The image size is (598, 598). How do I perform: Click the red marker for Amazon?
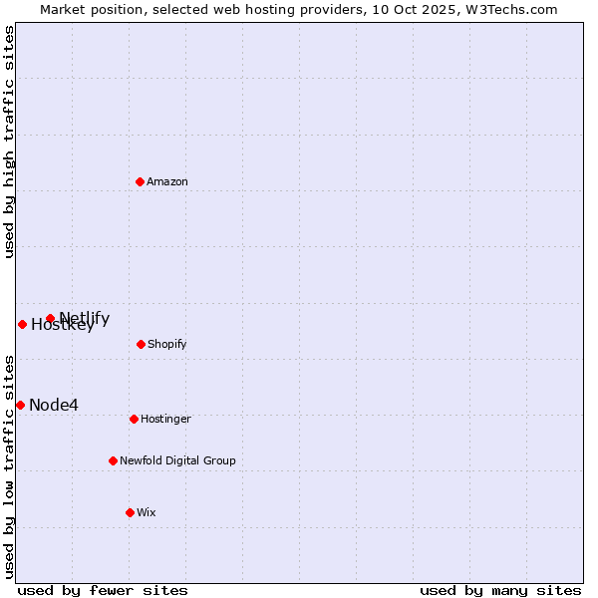point(140,181)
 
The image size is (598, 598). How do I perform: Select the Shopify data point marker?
point(141,344)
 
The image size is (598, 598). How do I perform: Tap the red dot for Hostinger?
point(134,419)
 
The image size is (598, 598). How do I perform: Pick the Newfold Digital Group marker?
point(113,460)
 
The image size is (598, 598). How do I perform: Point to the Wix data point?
point(130,512)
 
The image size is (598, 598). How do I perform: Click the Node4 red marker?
point(20,405)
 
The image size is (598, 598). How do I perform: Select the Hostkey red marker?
point(22,324)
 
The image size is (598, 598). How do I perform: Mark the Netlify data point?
point(50,319)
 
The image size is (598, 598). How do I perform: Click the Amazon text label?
point(167,181)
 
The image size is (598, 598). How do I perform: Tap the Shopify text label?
point(167,344)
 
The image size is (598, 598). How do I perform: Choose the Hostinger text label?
point(165,419)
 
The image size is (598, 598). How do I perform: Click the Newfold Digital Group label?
point(177,460)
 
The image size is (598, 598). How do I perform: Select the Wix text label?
point(147,512)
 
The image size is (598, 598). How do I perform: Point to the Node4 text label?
point(54,405)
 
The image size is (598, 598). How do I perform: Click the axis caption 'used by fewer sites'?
point(103,590)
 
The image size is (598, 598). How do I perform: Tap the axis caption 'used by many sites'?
point(500,590)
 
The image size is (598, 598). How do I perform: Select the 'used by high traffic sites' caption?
point(9,143)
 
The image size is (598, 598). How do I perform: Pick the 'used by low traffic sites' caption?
point(9,466)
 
